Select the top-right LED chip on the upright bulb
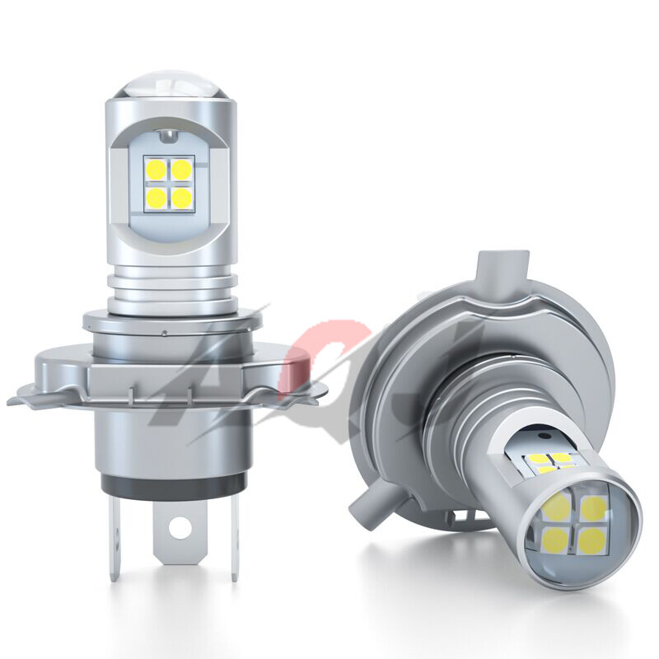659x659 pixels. [181, 170]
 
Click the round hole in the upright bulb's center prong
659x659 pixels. [180, 527]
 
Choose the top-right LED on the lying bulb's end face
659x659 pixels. [595, 508]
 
